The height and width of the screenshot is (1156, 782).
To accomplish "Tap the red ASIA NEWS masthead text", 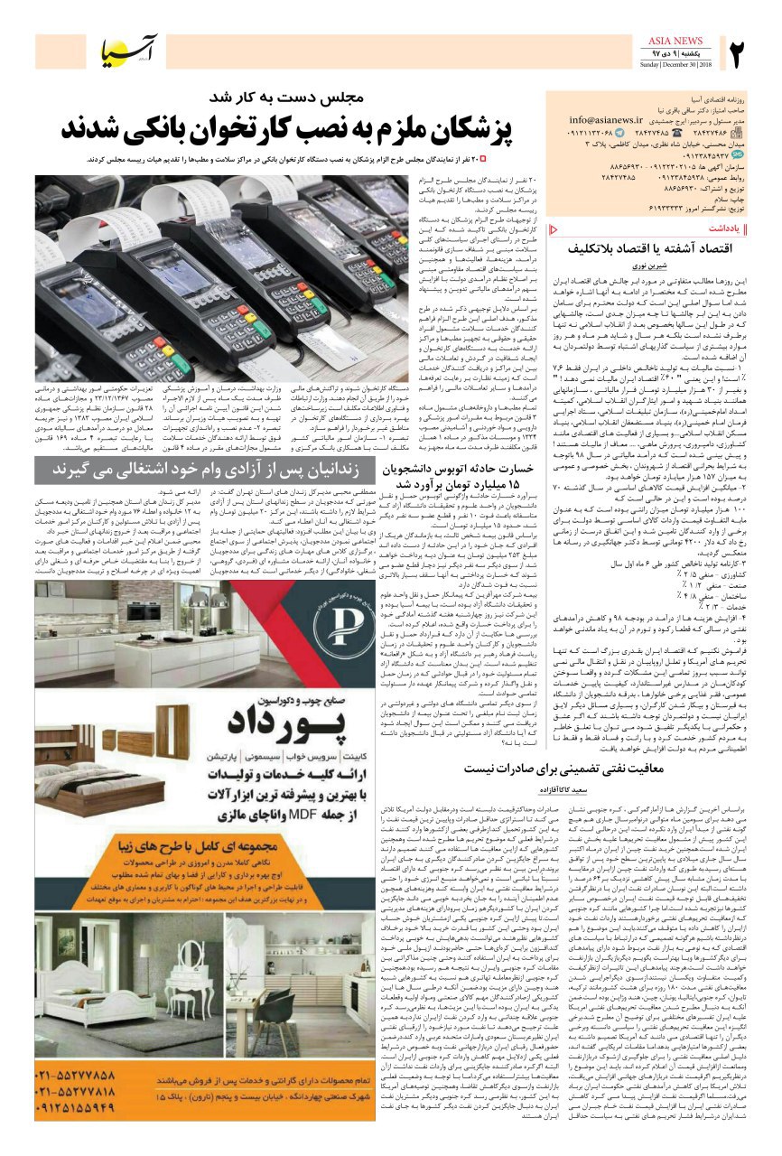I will pos(676,41).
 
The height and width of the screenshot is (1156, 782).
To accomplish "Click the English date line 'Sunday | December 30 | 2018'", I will pos(676,65).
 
